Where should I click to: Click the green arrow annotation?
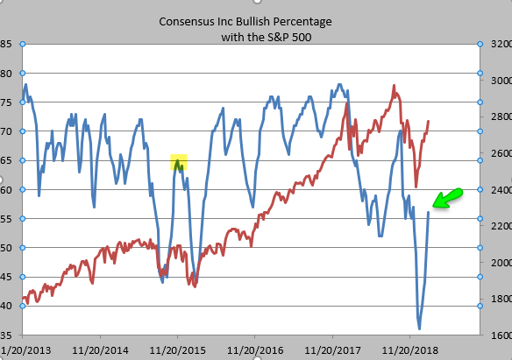pos(447,198)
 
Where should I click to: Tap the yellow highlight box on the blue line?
pos(179,162)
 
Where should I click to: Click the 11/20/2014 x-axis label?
pos(100,350)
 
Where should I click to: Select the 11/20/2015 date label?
pos(178,350)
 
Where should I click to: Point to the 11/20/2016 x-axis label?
pos(255,350)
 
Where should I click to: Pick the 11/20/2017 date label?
pos(333,350)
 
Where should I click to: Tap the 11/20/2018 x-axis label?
pos(409,350)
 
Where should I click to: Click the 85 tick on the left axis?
pos(6,44)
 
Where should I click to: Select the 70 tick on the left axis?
pos(6,131)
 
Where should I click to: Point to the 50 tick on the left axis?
pos(6,248)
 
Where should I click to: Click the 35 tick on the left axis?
pos(6,335)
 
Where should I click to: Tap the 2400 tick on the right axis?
pos(501,190)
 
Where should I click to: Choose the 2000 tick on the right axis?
pos(501,263)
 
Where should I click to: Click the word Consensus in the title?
pos(181,22)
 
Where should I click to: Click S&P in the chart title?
pos(278,37)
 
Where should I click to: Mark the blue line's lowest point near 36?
pos(419,328)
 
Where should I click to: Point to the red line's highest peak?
pos(395,86)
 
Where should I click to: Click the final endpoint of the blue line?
pos(429,212)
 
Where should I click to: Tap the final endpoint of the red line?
pos(429,121)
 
